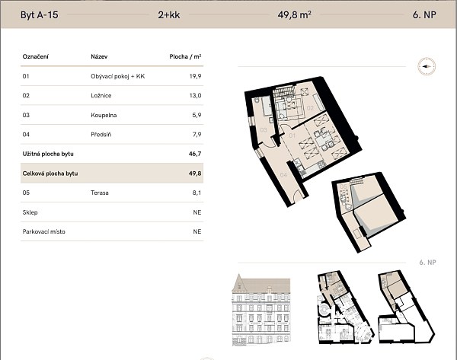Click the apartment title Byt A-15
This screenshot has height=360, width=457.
40,15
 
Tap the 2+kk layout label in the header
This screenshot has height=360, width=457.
169,15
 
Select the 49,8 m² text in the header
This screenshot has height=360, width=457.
294,14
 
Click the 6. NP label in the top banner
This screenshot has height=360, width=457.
424,15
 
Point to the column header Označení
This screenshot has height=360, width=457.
36,56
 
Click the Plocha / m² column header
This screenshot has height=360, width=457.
185,56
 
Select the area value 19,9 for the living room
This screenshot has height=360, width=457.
195,76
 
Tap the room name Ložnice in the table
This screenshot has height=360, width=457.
101,96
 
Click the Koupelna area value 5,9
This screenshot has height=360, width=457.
197,115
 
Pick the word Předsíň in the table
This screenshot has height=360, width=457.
101,135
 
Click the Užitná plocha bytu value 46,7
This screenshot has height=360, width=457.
195,154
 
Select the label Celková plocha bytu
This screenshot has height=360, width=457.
50,174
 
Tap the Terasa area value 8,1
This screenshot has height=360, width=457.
197,193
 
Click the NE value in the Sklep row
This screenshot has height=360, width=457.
197,212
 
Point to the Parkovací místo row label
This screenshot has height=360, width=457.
43,232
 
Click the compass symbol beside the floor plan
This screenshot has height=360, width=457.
427,66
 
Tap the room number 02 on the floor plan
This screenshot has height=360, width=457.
310,108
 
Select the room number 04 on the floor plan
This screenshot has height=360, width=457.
283,175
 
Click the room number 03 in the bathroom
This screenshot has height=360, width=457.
264,130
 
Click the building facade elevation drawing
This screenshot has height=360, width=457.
261,310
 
